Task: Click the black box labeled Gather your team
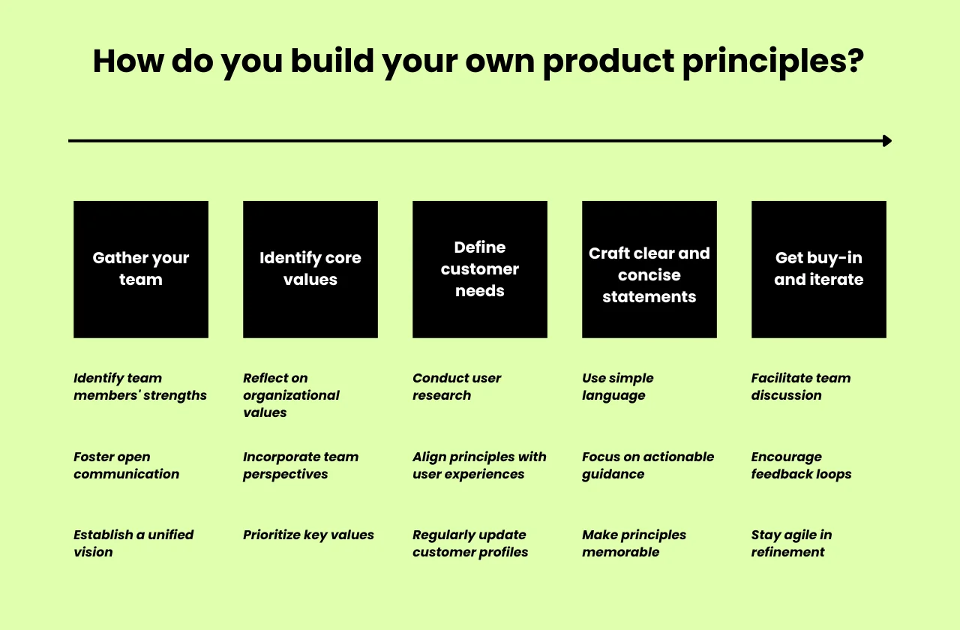[x=141, y=269]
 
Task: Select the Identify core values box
[x=310, y=269]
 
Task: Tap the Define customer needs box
[x=480, y=269]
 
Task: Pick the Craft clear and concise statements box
[x=649, y=269]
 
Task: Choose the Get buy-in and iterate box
[x=819, y=269]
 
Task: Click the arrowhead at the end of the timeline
[x=887, y=141]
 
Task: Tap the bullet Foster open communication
[x=127, y=466]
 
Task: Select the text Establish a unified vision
[x=133, y=544]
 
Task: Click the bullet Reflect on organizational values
[x=291, y=395]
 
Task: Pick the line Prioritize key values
[x=308, y=535]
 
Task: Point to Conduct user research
[x=457, y=387]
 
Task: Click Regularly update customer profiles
[x=470, y=544]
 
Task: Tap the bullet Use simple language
[x=618, y=387]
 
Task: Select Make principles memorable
[x=634, y=544]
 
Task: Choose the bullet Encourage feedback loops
[x=801, y=466]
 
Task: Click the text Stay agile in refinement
[x=791, y=544]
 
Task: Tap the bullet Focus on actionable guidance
[x=648, y=466]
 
